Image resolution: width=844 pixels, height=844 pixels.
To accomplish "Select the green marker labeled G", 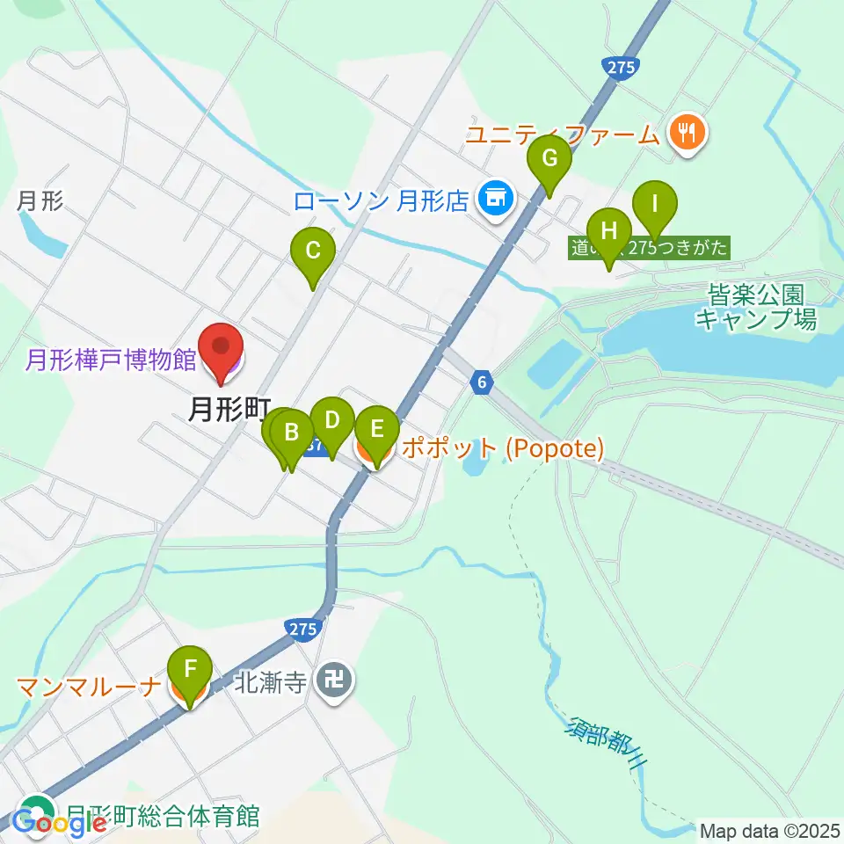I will pos(549,160).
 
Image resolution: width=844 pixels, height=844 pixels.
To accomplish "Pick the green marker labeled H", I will pos(608,234).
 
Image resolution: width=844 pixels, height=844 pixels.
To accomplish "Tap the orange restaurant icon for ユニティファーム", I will pos(684,133).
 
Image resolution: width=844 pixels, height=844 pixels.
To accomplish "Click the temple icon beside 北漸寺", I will pos(334,680).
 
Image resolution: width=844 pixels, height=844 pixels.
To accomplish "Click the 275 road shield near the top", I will pos(622,69).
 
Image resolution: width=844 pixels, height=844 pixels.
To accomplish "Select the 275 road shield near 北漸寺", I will pos(301,628).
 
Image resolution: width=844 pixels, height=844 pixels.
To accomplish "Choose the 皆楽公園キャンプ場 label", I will pos(755,306).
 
